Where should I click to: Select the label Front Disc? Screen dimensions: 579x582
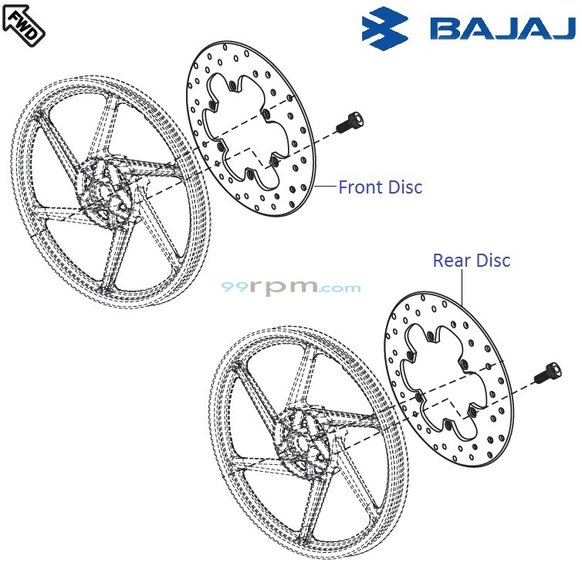[x=381, y=187]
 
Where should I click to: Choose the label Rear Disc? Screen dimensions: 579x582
[x=471, y=260]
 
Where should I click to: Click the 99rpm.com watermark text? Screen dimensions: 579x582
[x=291, y=288]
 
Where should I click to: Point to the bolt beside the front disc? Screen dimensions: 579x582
[x=350, y=122]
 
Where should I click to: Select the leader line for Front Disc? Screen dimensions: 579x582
[x=326, y=186]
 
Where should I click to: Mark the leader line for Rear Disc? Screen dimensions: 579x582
[x=461, y=285]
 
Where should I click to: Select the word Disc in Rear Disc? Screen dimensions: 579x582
[x=492, y=260]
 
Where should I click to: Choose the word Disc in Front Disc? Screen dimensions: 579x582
[x=406, y=187]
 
